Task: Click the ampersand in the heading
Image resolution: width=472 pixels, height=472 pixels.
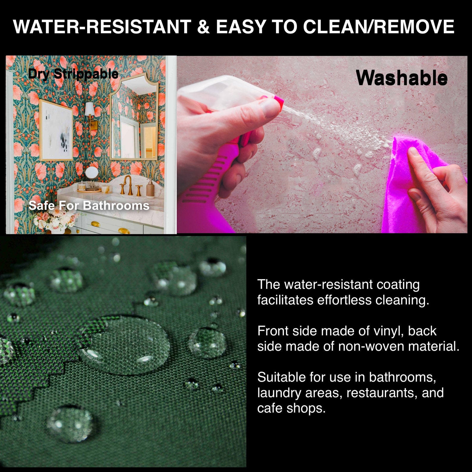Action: point(203,27)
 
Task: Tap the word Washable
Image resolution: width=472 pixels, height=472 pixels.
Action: point(402,78)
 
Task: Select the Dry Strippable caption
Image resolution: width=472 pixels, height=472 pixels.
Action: point(73,74)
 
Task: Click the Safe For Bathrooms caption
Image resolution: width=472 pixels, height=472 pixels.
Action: point(89,205)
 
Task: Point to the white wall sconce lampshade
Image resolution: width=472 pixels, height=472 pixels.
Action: point(89,109)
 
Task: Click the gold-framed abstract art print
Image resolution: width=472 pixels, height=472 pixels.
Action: point(56,130)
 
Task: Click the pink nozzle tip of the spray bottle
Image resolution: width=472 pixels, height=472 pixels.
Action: point(279,100)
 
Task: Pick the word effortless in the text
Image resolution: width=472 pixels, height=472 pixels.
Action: point(344,300)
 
